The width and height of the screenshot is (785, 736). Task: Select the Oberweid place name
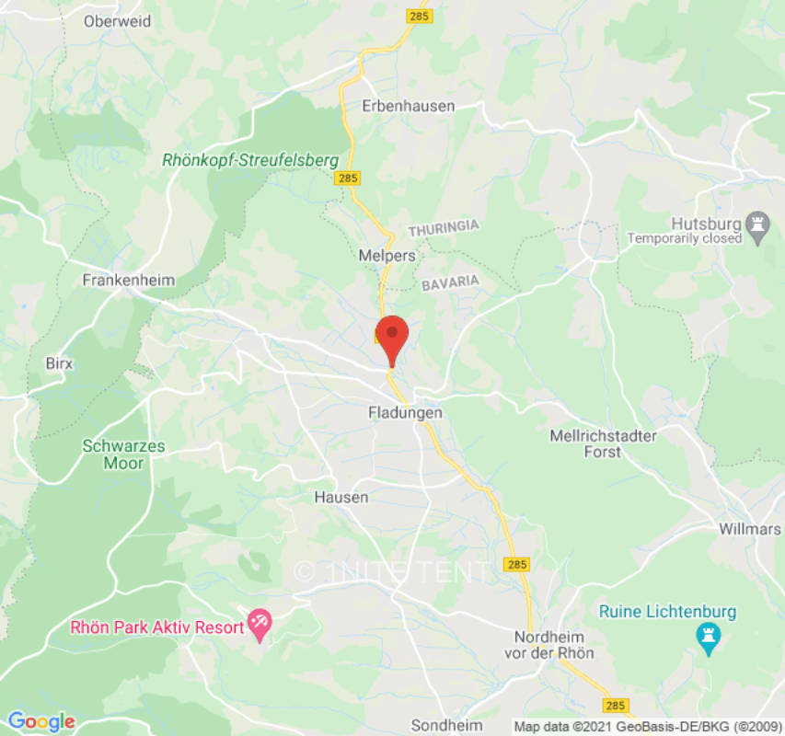pos(117,20)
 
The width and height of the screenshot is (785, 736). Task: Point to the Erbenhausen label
pos(409,106)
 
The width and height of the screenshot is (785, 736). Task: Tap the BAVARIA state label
pos(451,284)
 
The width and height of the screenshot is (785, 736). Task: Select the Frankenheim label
pos(129,280)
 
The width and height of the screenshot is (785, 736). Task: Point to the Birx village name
pos(59,363)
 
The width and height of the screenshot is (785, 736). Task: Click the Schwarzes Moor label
pos(123,454)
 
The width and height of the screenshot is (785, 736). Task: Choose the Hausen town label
pos(341,498)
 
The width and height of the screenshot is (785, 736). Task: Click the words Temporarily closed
pos(685,238)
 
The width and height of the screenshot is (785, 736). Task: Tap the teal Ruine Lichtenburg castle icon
pos(708,637)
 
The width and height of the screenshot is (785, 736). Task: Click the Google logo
pos(40,721)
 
